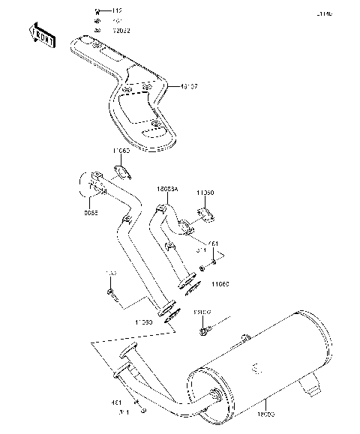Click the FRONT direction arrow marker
pos(41,35)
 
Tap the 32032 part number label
pos(121,29)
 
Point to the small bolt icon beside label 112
pos(98,11)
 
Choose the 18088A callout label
pos(166,190)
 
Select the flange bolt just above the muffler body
pos(203,329)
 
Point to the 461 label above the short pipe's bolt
pos(213,243)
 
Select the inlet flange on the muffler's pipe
pos(126,352)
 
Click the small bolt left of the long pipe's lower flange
pos(109,290)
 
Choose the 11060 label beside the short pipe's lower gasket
pos(220,286)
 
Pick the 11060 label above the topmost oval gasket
pos(121,151)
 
